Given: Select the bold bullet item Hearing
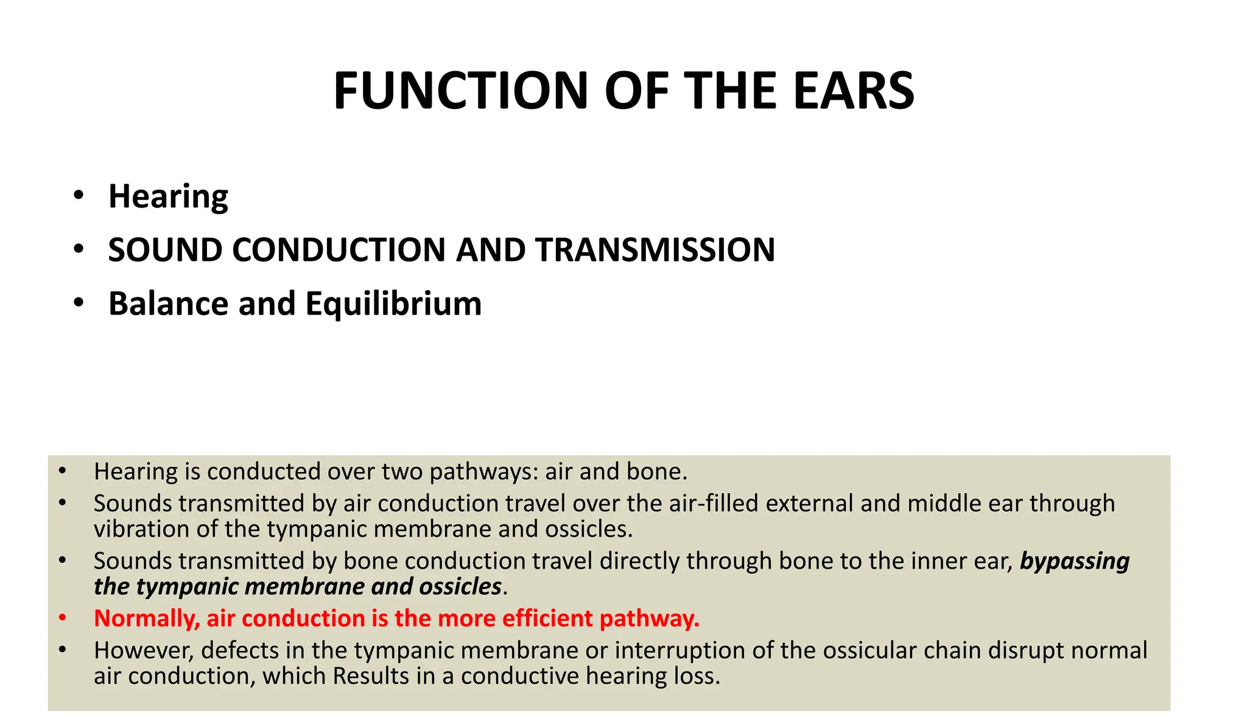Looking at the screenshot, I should (168, 196).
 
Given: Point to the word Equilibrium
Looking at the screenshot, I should (393, 304).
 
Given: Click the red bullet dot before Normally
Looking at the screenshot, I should (62, 618).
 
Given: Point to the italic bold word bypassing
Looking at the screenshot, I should (1075, 561).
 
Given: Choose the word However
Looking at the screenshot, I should (144, 651).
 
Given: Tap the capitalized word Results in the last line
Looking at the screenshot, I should (371, 676).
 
